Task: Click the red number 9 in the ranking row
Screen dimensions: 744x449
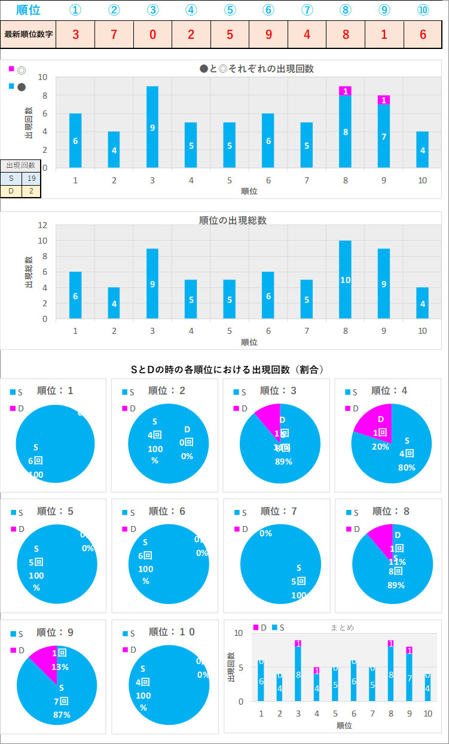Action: coord(268,34)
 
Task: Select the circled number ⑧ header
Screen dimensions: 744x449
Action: coord(345,10)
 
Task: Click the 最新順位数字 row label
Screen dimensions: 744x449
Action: coord(29,34)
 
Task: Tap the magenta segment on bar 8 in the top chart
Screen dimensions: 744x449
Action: coord(345,91)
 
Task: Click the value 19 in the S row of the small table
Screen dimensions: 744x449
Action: coord(31,178)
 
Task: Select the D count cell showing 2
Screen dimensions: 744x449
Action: coord(31,191)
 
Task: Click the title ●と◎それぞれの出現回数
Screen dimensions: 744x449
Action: coord(256,69)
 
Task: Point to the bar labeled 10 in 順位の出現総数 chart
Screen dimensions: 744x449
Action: coord(345,279)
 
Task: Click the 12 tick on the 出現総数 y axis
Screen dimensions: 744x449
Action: coord(42,225)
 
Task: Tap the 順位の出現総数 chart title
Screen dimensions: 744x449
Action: coord(233,220)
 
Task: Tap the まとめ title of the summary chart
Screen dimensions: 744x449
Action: coord(342,628)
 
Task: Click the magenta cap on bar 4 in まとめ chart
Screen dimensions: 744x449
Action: coord(316,671)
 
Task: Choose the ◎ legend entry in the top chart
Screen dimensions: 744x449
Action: coord(22,70)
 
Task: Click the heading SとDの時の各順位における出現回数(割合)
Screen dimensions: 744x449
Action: coord(227,370)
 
